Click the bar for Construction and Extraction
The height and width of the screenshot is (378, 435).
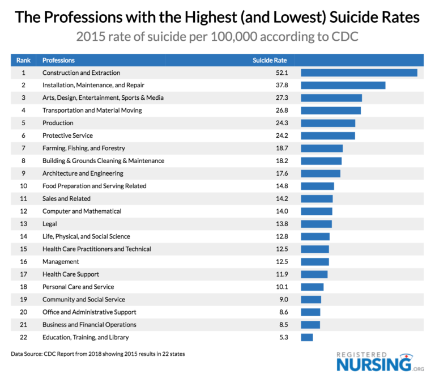359,73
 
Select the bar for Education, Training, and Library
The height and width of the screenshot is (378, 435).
306,337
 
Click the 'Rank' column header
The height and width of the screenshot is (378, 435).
23,60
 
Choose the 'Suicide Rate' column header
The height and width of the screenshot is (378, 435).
270,60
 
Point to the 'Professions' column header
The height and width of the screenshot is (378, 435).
58,60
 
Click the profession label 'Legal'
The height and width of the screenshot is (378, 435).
50,224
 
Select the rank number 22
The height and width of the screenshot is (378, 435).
23,337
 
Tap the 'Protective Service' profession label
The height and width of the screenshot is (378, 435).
67,135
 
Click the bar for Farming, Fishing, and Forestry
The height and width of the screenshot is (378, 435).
322,148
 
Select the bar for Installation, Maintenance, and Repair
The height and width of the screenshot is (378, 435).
343,85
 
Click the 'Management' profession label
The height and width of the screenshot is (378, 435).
61,262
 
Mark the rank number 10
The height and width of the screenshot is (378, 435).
23,186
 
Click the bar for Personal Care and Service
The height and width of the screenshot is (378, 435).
312,287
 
